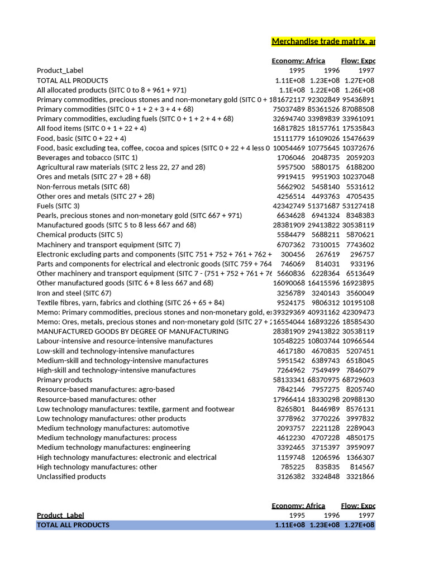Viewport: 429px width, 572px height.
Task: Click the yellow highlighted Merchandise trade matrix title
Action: point(323,42)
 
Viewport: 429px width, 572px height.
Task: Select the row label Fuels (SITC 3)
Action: point(58,206)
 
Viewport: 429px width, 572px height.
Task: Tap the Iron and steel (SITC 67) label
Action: point(74,293)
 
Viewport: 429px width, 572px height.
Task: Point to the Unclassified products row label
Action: point(71,476)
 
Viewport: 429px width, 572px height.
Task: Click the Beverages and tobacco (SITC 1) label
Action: point(87,158)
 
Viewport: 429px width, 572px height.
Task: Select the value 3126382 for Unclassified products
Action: point(291,476)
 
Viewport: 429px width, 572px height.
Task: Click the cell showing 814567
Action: point(362,467)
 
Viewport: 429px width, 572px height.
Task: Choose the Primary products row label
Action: point(64,380)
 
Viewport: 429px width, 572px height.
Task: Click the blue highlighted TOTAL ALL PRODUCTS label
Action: point(73,525)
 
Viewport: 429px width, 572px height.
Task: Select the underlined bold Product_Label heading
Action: point(60,515)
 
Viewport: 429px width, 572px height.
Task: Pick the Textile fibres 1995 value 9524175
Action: point(291,303)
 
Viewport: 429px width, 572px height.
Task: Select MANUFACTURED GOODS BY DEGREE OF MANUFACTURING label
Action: point(132,331)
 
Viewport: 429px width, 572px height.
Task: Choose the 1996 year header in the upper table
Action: point(332,71)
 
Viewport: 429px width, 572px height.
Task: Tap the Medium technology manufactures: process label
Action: point(107,438)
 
